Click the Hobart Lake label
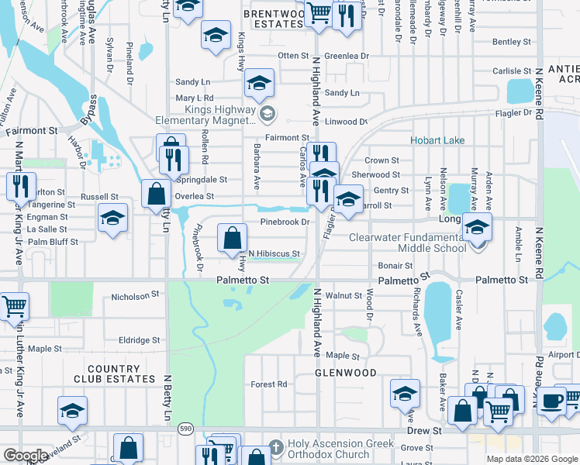click(437, 140)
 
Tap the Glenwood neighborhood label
click(345, 373)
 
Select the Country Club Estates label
click(120, 374)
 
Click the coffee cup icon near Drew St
click(552, 401)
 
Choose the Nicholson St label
click(135, 295)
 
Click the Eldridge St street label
click(139, 339)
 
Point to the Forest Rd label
click(269, 384)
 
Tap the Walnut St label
click(344, 295)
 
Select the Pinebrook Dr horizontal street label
click(285, 222)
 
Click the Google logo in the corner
click(25, 456)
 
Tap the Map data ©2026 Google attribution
click(532, 459)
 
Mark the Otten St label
click(293, 56)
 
